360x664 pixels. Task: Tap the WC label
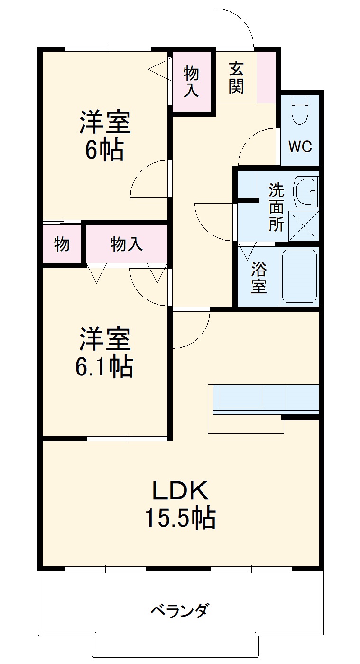(300, 147)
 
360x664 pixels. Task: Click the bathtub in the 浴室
(299, 276)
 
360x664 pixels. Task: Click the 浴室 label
(258, 277)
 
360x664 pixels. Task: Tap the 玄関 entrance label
(236, 77)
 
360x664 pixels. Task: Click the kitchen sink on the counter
(240, 397)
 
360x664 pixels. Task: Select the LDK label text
(180, 491)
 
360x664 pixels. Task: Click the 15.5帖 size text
(180, 518)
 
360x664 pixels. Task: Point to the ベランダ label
(179, 610)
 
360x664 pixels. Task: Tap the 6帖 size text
(104, 150)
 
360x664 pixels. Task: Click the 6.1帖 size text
(104, 366)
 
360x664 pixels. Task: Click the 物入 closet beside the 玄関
(191, 82)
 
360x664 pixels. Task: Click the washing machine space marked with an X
(304, 226)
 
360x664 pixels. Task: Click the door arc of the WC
(257, 145)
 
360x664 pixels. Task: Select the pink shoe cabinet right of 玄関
(266, 76)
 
